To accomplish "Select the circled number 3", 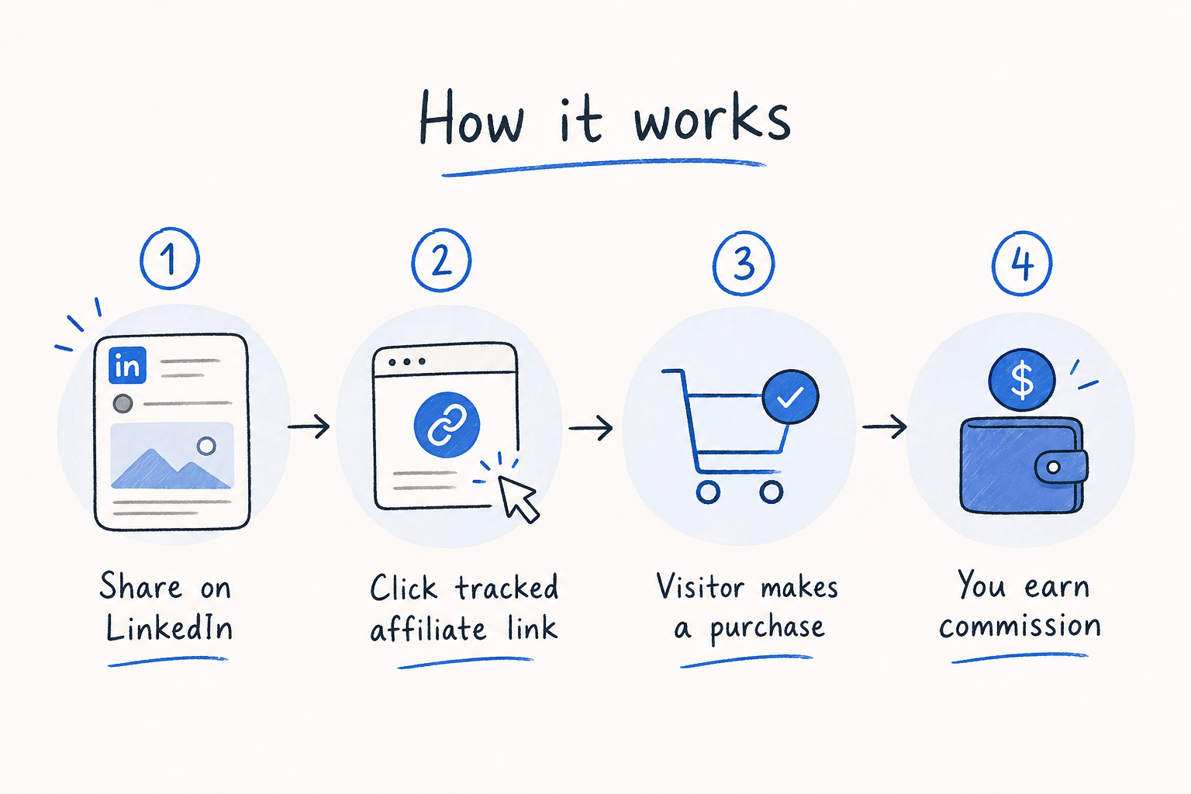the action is (744, 263).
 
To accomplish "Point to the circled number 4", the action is (1021, 263).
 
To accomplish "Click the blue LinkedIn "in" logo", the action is (127, 365).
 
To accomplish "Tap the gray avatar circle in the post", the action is (123, 404).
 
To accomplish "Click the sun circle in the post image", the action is (206, 446).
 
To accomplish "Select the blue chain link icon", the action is (447, 424).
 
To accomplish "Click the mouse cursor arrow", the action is (518, 499).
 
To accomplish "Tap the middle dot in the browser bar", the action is (407, 361).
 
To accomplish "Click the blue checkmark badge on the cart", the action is (790, 397).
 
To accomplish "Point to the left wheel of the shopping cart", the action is (708, 492).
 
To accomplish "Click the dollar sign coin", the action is (1021, 380).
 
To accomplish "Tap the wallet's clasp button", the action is (1053, 468).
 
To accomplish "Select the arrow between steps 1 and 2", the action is (309, 426).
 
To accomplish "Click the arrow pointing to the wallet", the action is (884, 426).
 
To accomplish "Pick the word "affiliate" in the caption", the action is (428, 629).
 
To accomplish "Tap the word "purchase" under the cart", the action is (767, 629).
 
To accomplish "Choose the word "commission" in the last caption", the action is (1020, 626).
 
